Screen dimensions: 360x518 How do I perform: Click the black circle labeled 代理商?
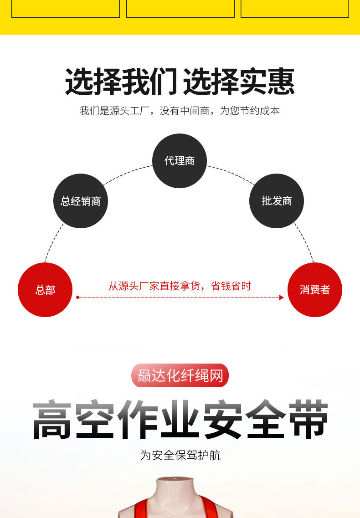180,161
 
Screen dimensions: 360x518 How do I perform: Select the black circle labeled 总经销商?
81,201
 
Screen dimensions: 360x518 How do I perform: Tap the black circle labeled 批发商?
277,201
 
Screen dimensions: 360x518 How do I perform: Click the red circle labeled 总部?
45,290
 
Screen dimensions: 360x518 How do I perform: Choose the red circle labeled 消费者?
315,290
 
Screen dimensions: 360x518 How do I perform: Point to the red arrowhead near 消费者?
282,297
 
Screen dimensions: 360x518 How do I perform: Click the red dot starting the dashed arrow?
77,297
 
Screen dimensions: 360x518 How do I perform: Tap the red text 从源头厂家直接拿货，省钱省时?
180,286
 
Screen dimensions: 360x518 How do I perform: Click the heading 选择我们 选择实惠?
180,82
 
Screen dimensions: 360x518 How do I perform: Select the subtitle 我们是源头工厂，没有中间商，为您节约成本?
180,111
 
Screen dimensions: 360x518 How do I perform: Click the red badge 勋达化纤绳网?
180,376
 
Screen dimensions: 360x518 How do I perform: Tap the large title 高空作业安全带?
180,420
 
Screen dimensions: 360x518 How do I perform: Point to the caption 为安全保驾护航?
180,455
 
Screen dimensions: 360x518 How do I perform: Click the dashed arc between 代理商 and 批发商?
230,174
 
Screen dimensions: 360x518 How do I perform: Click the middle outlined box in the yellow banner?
180,9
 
